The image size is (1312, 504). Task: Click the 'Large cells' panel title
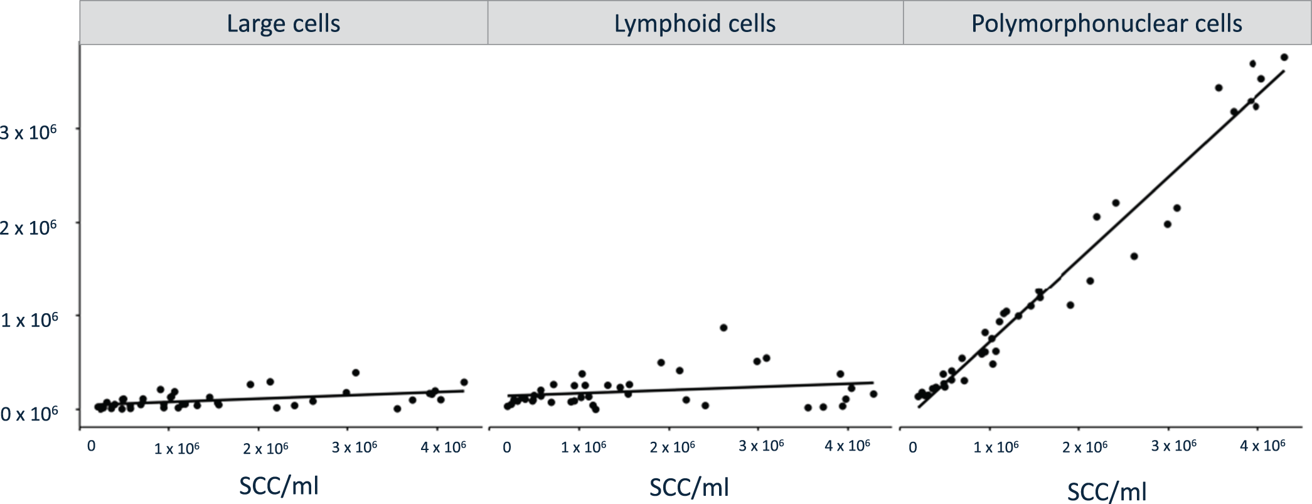(x=283, y=24)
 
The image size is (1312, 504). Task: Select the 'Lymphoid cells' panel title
(x=695, y=24)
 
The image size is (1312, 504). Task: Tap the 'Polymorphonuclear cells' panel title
(x=1106, y=24)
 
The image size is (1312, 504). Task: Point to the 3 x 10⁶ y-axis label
(x=29, y=132)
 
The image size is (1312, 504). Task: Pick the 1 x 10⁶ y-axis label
(x=29, y=320)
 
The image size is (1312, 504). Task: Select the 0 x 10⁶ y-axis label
(x=29, y=414)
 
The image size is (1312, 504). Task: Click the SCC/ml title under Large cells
(x=279, y=486)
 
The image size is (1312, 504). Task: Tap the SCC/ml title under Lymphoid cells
(x=689, y=487)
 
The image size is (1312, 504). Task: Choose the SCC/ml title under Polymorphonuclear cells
(x=1107, y=491)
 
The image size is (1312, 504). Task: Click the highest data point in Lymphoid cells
(x=723, y=328)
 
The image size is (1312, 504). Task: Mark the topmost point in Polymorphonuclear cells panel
(x=1284, y=57)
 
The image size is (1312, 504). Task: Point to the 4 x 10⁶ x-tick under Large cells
(x=443, y=448)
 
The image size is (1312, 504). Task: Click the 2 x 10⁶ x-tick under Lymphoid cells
(x=672, y=448)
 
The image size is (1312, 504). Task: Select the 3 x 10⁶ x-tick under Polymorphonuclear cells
(x=1173, y=446)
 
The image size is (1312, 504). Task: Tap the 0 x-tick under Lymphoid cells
(x=507, y=448)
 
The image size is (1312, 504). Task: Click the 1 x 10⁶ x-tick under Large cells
(x=176, y=449)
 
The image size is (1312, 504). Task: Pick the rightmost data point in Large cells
(x=464, y=382)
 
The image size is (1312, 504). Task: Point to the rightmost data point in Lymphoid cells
(x=873, y=394)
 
